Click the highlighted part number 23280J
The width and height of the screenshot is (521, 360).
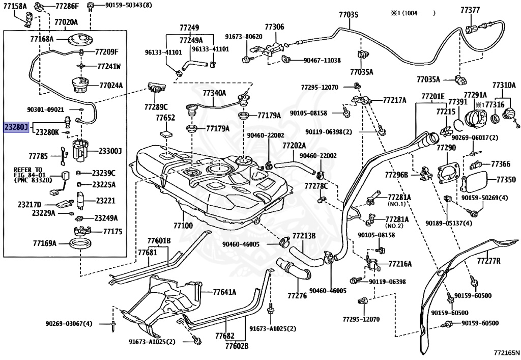(x=16, y=127)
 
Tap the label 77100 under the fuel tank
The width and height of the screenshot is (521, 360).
(x=183, y=226)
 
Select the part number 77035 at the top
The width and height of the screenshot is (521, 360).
(x=349, y=15)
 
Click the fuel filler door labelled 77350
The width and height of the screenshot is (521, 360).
(x=475, y=182)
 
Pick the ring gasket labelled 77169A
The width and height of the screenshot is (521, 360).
(x=80, y=244)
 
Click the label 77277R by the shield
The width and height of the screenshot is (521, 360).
(x=488, y=261)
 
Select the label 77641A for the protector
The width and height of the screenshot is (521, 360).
(x=224, y=292)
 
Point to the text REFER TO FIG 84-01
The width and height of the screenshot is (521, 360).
(x=28, y=172)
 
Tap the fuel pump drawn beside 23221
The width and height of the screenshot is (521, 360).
(x=80, y=201)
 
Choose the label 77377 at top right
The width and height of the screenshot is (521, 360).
(x=470, y=10)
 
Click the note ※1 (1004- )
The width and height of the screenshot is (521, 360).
(x=413, y=13)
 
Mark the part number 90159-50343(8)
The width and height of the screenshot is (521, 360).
(x=120, y=5)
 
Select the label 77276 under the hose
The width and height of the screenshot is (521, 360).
(x=297, y=295)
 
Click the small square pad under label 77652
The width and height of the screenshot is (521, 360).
(x=166, y=134)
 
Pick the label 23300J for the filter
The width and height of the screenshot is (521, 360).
(x=110, y=151)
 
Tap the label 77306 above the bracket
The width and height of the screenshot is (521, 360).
(x=274, y=26)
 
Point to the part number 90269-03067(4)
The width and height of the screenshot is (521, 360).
(x=69, y=323)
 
